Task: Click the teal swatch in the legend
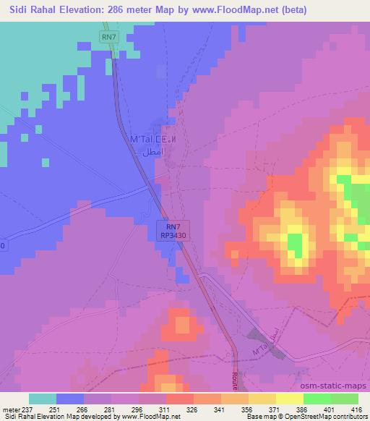[x=43, y=399]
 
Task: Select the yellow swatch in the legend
[x=289, y=399]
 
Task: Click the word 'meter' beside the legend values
[x=11, y=409]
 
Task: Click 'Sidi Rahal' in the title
[x=28, y=10]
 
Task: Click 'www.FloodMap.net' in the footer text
[x=145, y=417]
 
